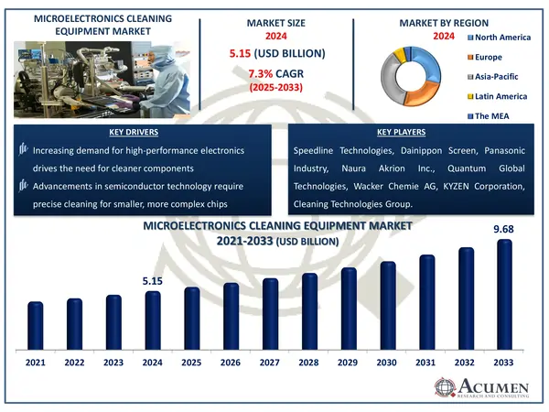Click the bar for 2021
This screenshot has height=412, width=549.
point(35,326)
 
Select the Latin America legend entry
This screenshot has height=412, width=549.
point(502,95)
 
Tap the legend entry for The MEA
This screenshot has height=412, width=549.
point(495,116)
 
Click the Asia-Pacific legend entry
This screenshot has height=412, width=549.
point(501,76)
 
